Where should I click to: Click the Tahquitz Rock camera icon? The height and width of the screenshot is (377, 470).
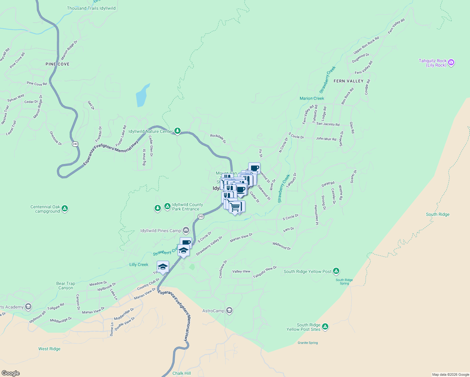pos(451,63)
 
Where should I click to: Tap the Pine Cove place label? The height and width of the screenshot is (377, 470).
pos(57,64)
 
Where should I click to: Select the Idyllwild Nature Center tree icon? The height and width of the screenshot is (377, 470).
pos(178,131)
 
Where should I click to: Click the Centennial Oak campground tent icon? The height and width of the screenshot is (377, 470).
pos(65,208)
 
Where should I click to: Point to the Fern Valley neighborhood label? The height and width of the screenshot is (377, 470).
pos(348,81)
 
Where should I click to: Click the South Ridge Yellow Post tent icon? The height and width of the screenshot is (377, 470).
pos(336,271)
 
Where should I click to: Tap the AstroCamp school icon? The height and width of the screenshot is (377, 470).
pos(229,311)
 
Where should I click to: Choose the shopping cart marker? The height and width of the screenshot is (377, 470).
pos(235,207)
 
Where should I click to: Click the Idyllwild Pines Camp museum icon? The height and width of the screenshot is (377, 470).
pos(186,231)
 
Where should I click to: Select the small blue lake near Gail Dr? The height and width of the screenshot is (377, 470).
pos(142,96)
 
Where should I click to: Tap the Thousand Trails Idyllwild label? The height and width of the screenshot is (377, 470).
pos(91,8)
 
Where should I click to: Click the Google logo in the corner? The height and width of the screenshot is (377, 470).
pos(10,373)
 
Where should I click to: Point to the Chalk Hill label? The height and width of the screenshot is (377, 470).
pos(182,373)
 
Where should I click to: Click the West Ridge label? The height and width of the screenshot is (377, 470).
pos(49,349)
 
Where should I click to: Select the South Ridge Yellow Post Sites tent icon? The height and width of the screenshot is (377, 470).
pos(325,327)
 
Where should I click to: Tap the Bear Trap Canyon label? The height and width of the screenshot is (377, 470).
pos(66,286)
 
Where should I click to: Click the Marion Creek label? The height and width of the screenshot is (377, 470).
pos(312,98)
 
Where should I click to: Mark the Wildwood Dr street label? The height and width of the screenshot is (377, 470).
pos(281,246)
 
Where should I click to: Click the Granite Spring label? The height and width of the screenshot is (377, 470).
pos(308,343)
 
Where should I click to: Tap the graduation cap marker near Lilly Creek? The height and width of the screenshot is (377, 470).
pos(163,267)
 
